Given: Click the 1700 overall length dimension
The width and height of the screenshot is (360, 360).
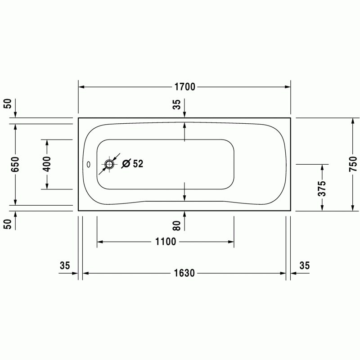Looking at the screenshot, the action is pyautogui.click(x=185, y=87).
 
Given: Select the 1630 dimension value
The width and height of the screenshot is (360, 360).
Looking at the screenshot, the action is pyautogui.click(x=184, y=273).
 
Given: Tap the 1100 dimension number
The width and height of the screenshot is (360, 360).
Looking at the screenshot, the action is pyautogui.click(x=166, y=242).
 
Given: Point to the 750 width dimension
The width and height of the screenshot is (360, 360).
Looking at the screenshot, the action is pyautogui.click(x=353, y=164).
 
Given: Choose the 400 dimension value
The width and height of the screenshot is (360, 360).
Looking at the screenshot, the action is pyautogui.click(x=47, y=164).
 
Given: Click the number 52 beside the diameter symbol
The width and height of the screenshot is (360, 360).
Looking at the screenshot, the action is pyautogui.click(x=138, y=164).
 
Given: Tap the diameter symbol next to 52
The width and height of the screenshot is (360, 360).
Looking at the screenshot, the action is pyautogui.click(x=126, y=163).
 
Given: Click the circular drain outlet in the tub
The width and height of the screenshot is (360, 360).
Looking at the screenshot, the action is pyautogui.click(x=109, y=164).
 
